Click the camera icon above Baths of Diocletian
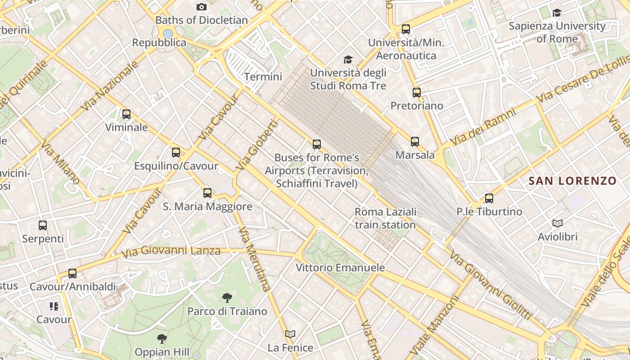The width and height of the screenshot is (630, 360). coord(202,7)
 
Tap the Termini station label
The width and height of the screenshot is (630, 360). coord(263,76)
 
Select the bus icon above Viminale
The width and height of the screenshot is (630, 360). coord(126,114)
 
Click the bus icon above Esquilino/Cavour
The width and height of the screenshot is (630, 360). coord(176,153)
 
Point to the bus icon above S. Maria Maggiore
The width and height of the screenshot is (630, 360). coord(207,193)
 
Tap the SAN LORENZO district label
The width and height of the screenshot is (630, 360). coord(572,181)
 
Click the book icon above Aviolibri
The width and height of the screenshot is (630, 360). coord(558,223)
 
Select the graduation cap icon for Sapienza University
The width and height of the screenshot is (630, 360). coord(557,13)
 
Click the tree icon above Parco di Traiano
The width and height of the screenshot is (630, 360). coord(227,297)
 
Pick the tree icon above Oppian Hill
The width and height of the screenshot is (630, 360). coord(162,338)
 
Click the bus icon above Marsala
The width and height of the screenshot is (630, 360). coord(415,142)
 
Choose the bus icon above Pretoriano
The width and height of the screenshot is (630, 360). coord(417,93)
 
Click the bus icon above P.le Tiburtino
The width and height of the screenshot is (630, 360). coord(489,198)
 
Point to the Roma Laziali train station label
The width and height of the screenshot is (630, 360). coord(385,218)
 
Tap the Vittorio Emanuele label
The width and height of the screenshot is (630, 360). coord(340,268)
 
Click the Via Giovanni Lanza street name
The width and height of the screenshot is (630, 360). coord(171,251)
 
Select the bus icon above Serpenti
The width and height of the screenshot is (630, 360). coord(43,225)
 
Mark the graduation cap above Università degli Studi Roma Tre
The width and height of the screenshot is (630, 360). coord(348,59)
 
